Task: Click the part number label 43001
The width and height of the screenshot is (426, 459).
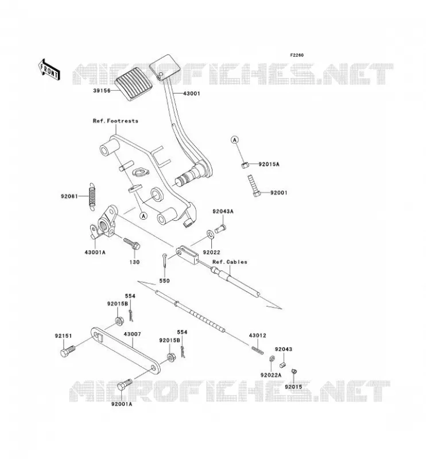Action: [x=192, y=94]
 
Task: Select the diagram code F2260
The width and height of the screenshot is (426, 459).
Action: [x=297, y=55]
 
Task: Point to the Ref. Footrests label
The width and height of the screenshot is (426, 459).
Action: [x=115, y=120]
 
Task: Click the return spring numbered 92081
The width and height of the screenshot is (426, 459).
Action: [x=92, y=196]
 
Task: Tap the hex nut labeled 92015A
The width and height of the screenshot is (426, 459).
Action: [x=245, y=165]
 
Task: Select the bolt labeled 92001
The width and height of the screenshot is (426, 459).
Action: [x=254, y=186]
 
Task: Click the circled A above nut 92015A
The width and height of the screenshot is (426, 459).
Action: [x=234, y=140]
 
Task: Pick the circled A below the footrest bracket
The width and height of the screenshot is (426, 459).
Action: [x=144, y=216]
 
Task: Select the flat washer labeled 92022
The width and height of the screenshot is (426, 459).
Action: [x=210, y=234]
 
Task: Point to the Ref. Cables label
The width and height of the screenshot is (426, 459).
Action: [x=230, y=262]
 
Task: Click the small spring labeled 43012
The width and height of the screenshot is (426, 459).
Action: [x=258, y=349]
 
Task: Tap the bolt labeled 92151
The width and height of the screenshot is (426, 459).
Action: [x=68, y=351]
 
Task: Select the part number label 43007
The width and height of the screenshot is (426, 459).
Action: [x=132, y=334]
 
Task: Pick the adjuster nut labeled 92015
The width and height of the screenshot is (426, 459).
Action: [x=294, y=371]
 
